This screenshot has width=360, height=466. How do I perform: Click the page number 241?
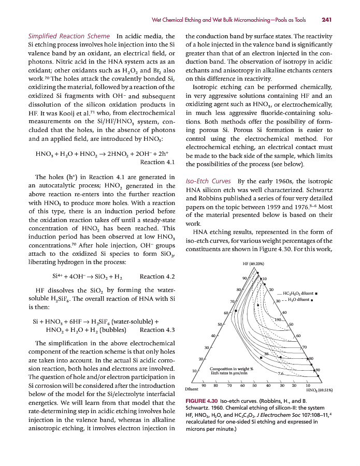pos(326,20)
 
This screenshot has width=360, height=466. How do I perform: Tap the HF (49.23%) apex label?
pos(253,264)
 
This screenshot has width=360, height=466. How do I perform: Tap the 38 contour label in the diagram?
pos(266,354)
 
